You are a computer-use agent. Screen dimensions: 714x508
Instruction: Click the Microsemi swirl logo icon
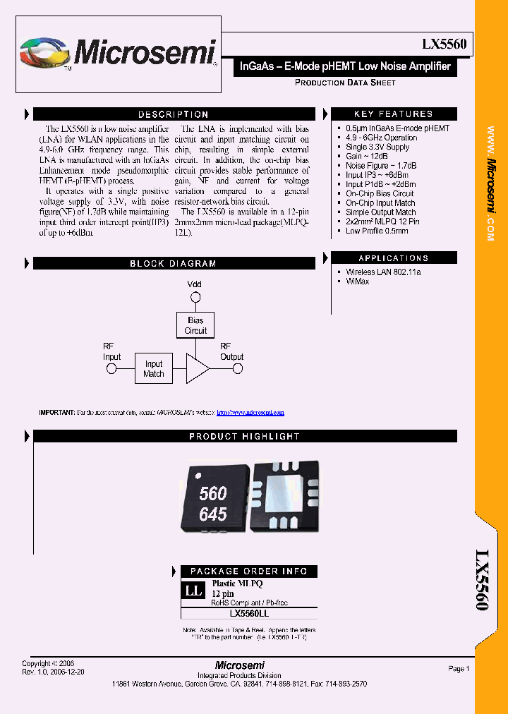tap(45, 54)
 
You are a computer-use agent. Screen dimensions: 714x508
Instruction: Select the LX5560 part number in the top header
tap(443, 44)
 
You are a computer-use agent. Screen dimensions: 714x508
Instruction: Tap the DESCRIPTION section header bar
tap(173, 114)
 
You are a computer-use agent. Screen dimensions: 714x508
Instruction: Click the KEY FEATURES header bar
tap(393, 114)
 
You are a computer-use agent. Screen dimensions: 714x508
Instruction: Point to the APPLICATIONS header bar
tap(393, 258)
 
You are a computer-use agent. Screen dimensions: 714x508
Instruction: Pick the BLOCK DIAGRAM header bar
tap(173, 264)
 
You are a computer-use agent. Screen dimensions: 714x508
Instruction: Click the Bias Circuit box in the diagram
tap(195, 325)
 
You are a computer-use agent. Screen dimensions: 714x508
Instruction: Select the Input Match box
tap(154, 369)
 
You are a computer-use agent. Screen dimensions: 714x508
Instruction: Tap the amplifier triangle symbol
tap(197, 369)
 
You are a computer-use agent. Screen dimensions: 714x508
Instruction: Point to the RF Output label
tap(231, 351)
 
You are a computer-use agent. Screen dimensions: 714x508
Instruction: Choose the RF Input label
tap(112, 351)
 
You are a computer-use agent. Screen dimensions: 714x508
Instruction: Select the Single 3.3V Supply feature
tap(377, 147)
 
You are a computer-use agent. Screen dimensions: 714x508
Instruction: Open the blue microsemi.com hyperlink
tap(250, 412)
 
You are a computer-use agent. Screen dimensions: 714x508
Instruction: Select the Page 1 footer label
tap(458, 669)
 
